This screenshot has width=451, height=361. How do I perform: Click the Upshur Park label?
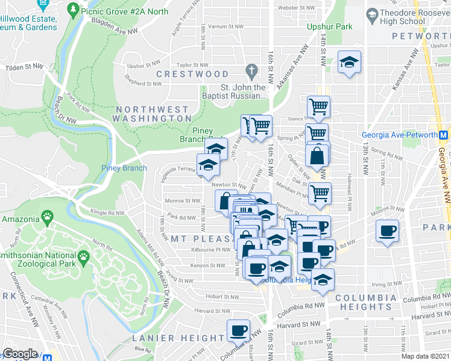329,27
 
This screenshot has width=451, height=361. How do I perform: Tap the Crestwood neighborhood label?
192,74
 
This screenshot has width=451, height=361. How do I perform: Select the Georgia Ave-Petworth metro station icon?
443,135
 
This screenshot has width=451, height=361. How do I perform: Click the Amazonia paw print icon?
46,215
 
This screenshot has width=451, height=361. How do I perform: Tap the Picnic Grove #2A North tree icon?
73,10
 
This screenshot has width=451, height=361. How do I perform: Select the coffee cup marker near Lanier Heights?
238,330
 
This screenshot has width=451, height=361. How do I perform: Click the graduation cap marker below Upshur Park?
348,62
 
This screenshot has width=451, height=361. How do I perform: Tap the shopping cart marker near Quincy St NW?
318,107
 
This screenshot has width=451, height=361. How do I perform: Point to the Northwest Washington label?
154,114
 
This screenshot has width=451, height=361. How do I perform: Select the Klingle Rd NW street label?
107,212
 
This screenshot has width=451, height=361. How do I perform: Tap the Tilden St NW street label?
25,67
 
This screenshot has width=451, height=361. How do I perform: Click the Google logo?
20,354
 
